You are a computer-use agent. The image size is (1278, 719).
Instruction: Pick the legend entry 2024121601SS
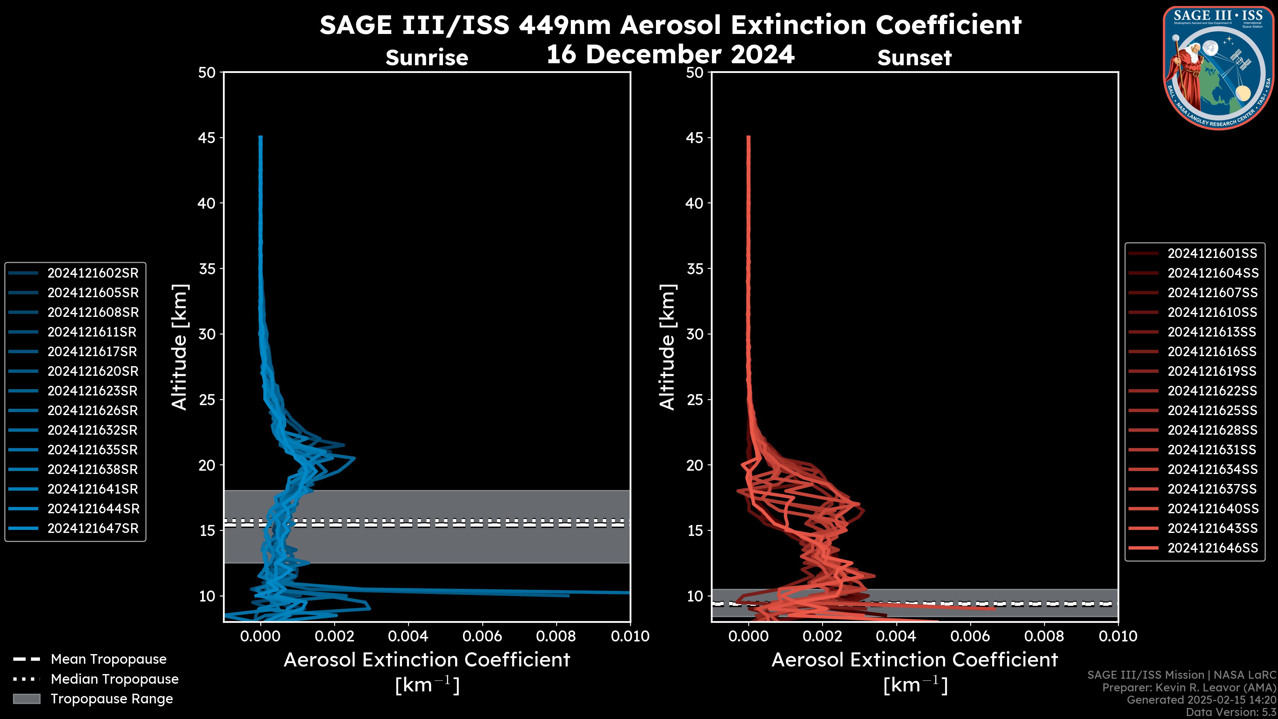pos(1212,254)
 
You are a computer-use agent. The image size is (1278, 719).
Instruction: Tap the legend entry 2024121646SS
pos(1212,548)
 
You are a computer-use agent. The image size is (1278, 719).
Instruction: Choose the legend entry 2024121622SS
pos(1212,391)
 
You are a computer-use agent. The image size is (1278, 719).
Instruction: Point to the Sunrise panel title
pos(427,58)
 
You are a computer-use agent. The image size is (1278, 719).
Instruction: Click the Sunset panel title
pos(914,58)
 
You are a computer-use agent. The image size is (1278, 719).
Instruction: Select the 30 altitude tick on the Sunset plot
pos(695,334)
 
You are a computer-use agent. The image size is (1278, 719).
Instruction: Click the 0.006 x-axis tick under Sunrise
pos(482,636)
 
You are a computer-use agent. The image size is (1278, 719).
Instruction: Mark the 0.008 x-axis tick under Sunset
pos(1044,636)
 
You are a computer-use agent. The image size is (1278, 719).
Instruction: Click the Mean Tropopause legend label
pos(108,659)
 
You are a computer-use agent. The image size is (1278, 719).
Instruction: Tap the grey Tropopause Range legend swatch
pos(26,699)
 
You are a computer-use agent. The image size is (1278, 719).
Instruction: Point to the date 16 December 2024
pos(670,54)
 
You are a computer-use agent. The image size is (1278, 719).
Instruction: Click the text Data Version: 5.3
pos(1230,712)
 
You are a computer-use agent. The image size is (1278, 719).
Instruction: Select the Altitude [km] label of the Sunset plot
pos(667,347)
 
